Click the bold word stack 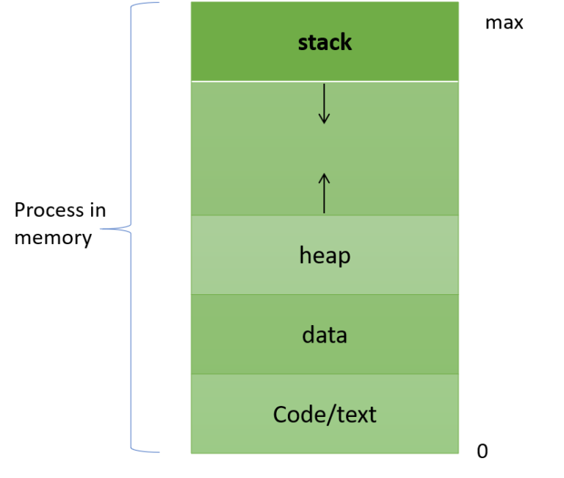[325, 43]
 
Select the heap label [325, 255]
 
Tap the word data [325, 335]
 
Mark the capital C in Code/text [280, 415]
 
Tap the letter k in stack [346, 42]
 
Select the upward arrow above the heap [324, 193]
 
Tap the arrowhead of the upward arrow [324, 176]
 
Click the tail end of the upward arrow [324, 213]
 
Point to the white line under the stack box [325, 81]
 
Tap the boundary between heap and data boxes [325, 295]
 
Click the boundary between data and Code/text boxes [325, 374]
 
